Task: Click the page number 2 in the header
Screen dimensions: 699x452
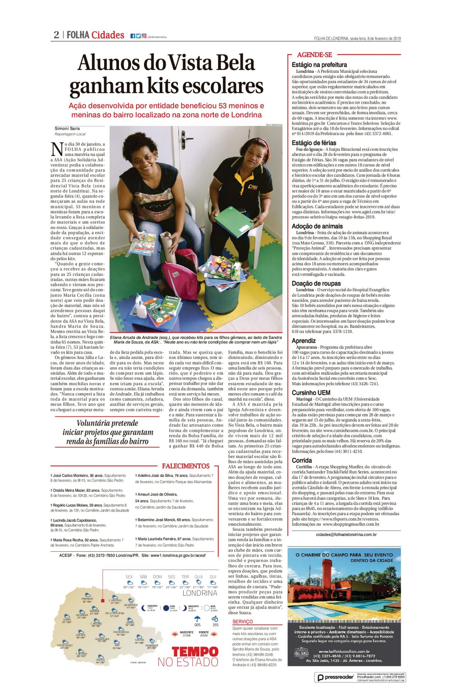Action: [x=56, y=35]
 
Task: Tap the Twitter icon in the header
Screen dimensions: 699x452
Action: [x=138, y=36]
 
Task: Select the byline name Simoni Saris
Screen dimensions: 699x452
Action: [x=67, y=129]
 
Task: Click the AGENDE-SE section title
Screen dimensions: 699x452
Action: [x=314, y=55]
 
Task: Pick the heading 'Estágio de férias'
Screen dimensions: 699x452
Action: [x=314, y=143]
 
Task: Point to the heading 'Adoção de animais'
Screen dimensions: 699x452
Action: [x=317, y=226]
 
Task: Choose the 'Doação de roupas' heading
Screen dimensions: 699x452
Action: [x=316, y=284]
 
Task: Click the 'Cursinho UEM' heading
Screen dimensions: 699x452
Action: [x=311, y=393]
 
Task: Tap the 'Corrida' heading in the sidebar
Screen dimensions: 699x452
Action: [x=302, y=461]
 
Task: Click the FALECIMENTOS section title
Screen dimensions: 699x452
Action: [x=186, y=466]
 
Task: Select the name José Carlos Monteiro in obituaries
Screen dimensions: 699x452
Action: [x=71, y=475]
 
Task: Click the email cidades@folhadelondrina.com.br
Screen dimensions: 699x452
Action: [x=346, y=534]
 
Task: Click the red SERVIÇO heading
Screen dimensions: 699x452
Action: [x=242, y=622]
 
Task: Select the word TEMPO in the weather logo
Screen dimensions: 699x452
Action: [x=195, y=652]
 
